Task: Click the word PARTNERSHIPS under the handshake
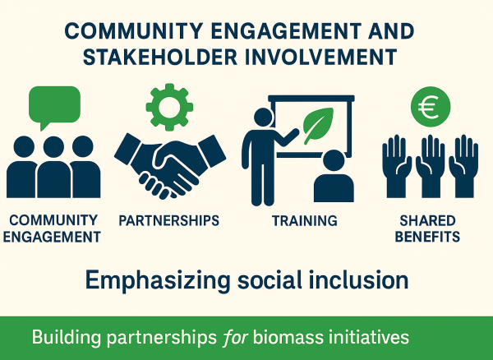pos(169,220)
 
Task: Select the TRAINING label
pos(304,220)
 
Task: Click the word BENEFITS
pos(426,237)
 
